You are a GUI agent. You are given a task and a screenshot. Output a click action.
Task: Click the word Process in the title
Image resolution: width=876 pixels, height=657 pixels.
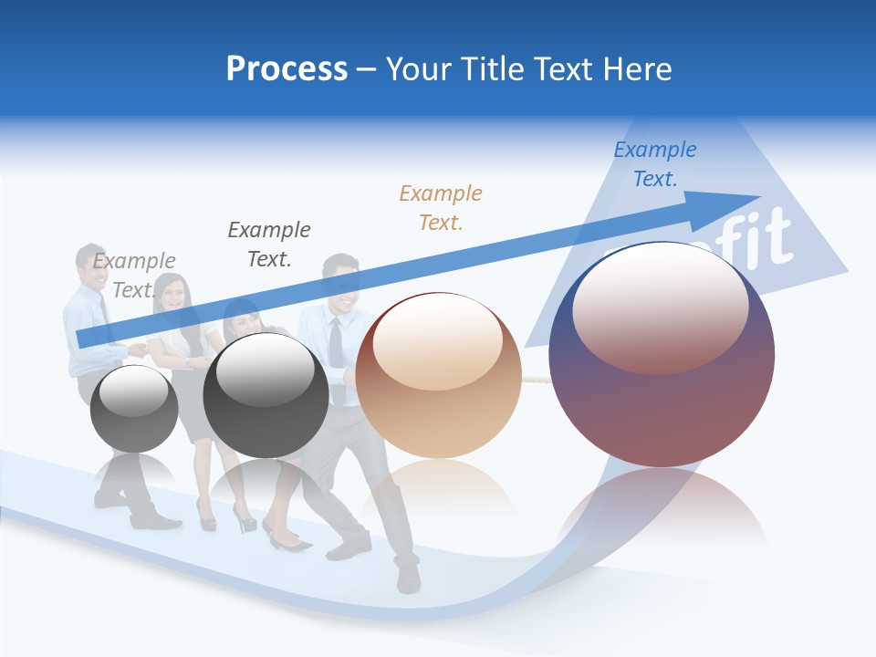(x=287, y=69)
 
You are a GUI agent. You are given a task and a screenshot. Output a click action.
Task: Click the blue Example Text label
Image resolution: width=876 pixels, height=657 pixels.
(x=654, y=164)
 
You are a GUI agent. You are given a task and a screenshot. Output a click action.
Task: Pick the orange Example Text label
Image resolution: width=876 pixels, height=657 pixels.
(x=441, y=207)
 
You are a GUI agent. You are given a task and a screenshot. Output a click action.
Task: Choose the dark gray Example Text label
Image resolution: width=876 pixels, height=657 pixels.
(x=269, y=245)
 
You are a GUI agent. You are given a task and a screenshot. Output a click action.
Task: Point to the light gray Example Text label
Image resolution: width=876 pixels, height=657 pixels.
(x=133, y=275)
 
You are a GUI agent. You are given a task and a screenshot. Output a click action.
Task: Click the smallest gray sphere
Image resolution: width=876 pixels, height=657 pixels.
(x=134, y=409)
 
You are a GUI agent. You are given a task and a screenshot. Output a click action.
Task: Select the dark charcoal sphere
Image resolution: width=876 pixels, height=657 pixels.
(x=266, y=396)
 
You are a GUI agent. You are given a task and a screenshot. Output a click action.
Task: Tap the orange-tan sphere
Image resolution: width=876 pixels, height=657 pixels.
(x=439, y=376)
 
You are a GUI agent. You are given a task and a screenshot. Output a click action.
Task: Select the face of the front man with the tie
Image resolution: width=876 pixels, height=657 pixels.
(x=341, y=283)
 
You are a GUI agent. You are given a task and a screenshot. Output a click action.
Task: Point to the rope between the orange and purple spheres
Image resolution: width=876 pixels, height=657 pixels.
(x=535, y=375)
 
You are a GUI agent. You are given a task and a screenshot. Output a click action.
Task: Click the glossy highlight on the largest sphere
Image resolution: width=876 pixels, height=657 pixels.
(x=661, y=307)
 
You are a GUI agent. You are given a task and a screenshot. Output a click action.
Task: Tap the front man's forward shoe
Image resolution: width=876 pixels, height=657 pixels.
(x=408, y=579)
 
